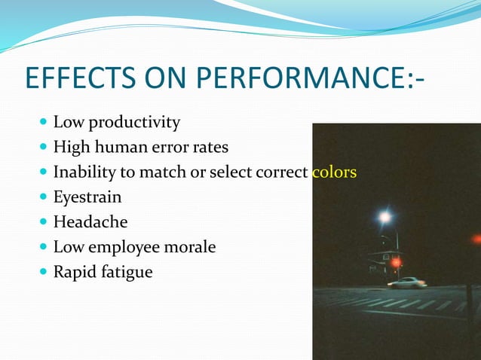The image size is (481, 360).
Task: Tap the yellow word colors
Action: coord(334,172)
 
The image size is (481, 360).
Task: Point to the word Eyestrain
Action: coord(87,197)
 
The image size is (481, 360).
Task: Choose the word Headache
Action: coord(90,222)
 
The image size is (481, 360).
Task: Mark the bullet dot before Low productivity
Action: coord(41,122)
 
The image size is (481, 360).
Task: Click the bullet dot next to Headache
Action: coord(41,222)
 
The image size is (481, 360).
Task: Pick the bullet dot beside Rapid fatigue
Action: coord(41,272)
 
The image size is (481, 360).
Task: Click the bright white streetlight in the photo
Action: coord(385,218)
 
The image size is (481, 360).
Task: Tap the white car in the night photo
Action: coord(407,283)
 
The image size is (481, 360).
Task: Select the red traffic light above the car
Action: coord(396,263)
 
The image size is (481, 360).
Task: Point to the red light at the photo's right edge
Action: coord(476,239)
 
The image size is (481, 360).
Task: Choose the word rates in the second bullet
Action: coord(209,147)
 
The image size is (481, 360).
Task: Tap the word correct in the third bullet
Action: coord(281,172)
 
